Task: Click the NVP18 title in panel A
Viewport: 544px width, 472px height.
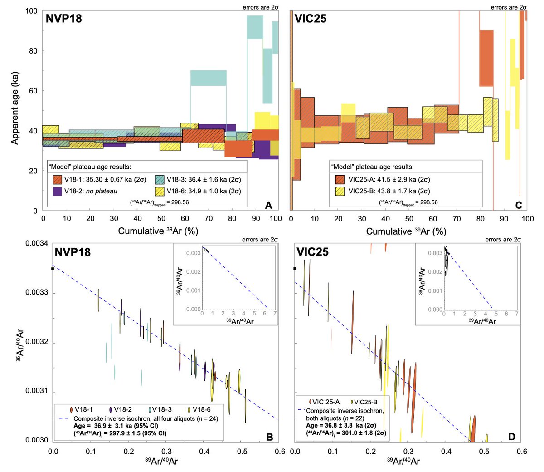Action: (x=63, y=19)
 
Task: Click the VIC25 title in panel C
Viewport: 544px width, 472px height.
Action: (x=311, y=19)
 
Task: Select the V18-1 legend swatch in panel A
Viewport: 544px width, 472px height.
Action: (x=58, y=179)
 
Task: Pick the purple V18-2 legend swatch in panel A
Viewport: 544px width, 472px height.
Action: (x=58, y=191)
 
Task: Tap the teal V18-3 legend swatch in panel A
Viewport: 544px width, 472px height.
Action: (x=160, y=179)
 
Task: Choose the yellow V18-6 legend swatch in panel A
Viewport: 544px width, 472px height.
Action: (x=160, y=191)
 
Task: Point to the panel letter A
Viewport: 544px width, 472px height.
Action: (x=268, y=205)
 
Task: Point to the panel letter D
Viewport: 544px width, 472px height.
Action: (x=511, y=437)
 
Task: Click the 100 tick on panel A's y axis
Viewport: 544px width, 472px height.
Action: (x=31, y=11)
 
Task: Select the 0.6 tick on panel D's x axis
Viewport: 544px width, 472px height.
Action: (x=522, y=452)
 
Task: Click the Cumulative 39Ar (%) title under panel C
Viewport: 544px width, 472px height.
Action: (x=406, y=231)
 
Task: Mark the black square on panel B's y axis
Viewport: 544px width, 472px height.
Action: (x=53, y=269)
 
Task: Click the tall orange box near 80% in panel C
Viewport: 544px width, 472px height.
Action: (x=486, y=58)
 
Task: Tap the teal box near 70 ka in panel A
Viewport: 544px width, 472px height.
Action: (x=209, y=78)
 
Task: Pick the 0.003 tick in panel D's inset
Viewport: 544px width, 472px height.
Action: (x=436, y=253)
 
